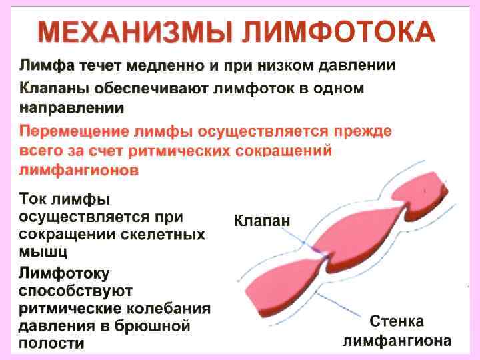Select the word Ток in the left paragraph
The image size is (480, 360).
click(x=33, y=199)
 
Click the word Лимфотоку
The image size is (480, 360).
click(x=64, y=274)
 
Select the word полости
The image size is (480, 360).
click(x=51, y=344)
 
